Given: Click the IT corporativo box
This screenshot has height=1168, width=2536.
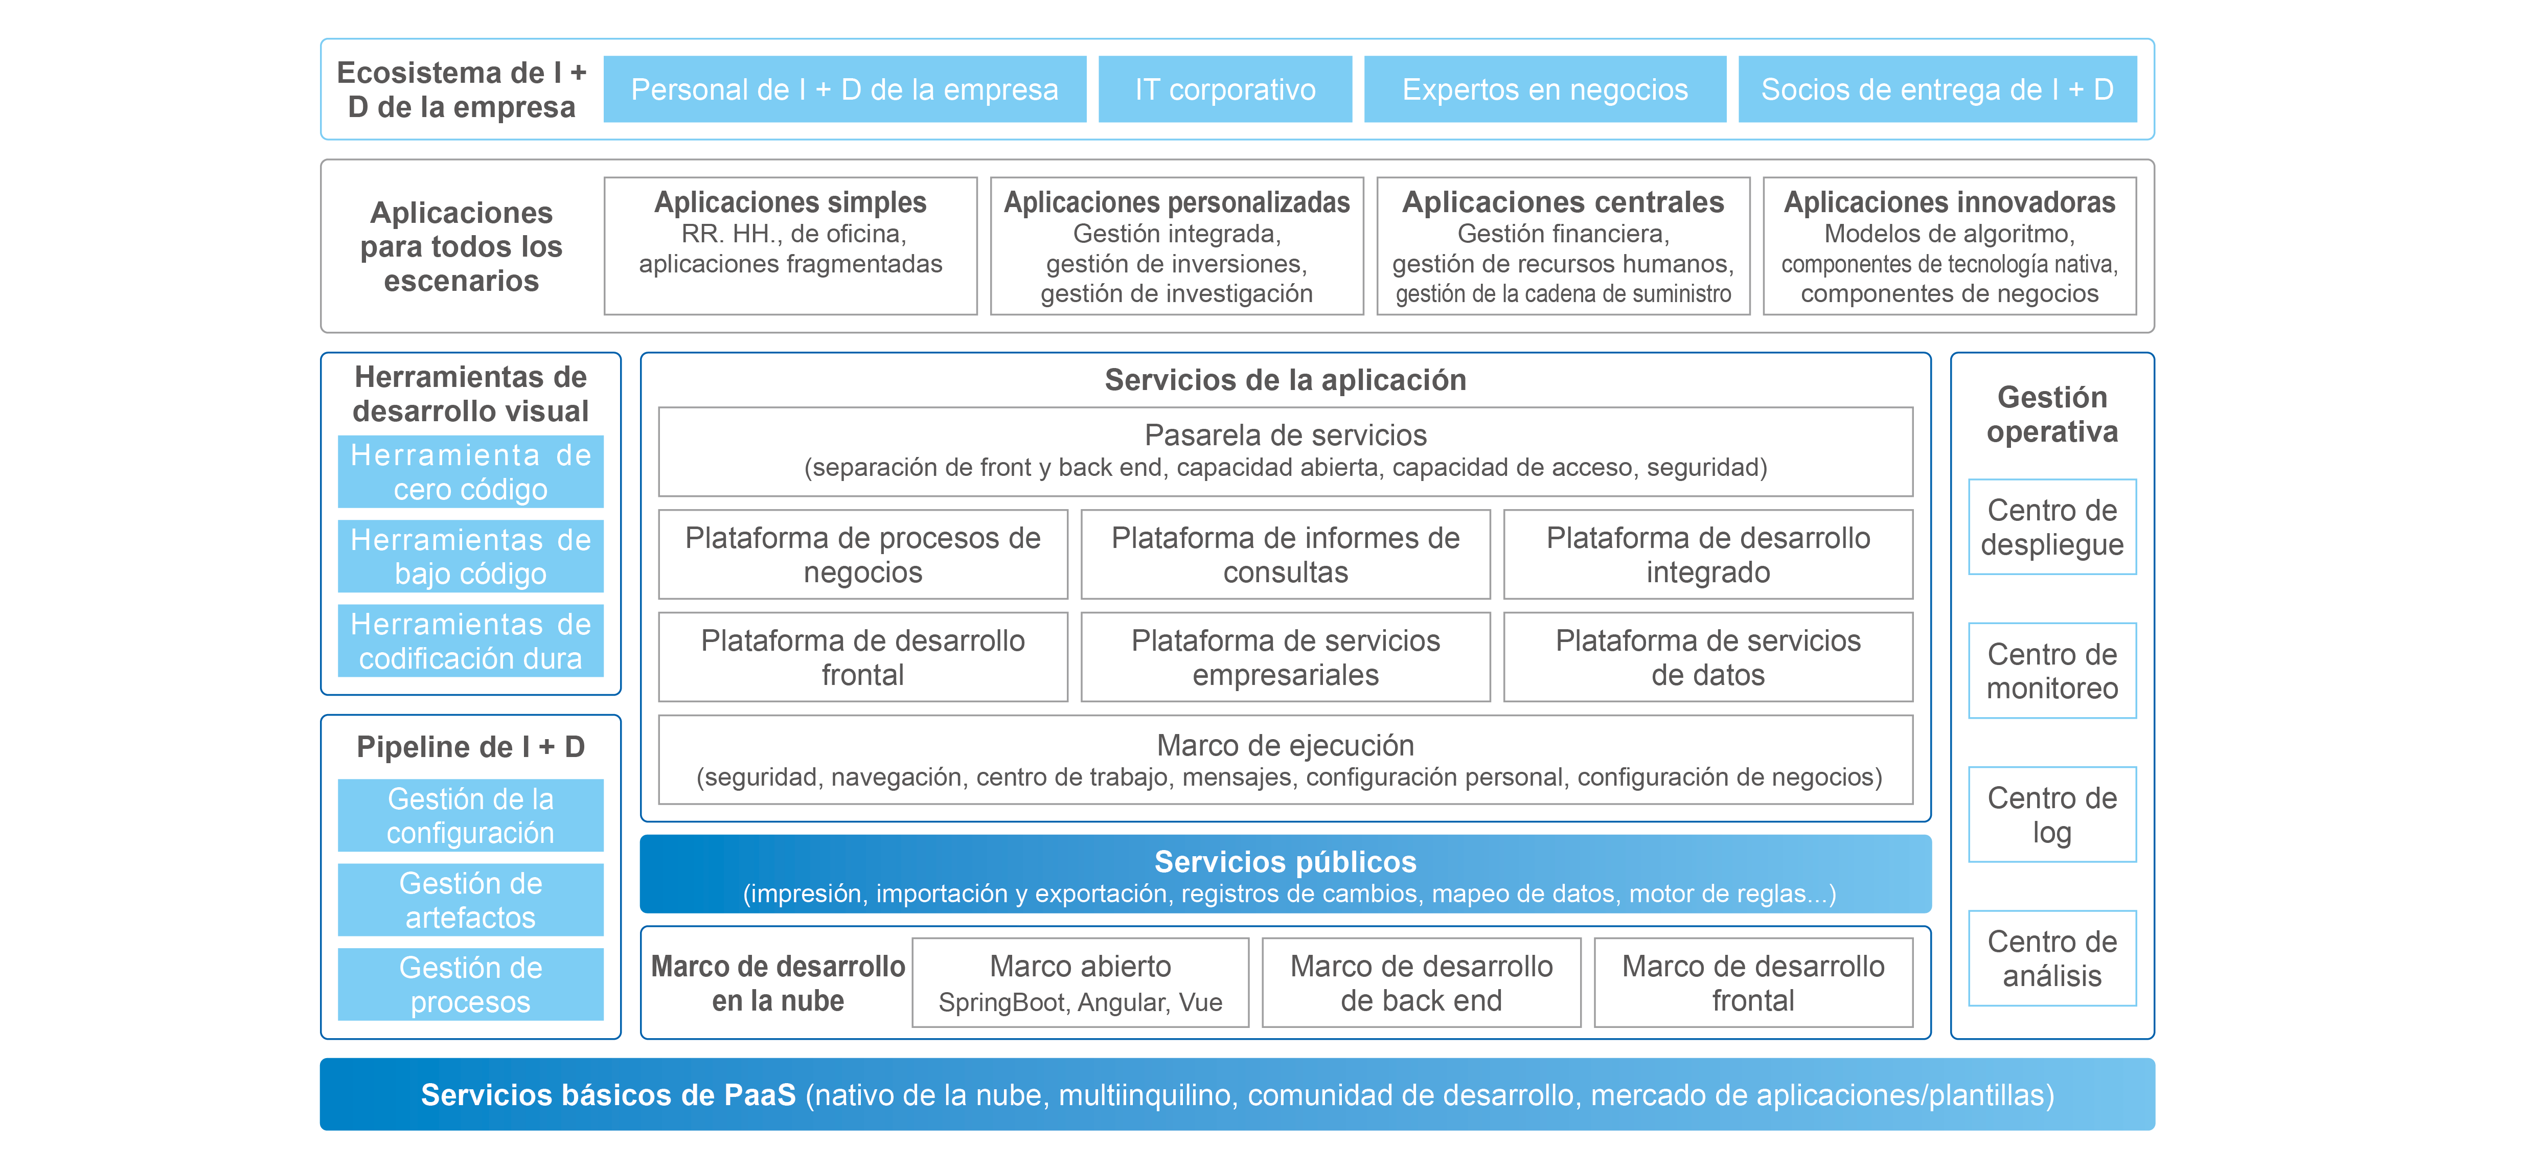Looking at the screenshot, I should click(1225, 89).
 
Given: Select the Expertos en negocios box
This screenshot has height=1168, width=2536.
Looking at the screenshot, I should click(1545, 89).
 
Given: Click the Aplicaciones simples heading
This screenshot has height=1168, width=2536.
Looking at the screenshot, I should click(790, 202).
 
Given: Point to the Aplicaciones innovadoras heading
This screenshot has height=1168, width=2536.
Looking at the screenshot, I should click(1949, 202).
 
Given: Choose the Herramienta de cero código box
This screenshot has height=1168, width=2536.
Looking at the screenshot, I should click(471, 472).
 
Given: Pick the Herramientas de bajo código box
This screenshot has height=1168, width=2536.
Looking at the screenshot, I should click(471, 557).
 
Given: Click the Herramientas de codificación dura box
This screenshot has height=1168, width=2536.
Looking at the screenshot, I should click(471, 641).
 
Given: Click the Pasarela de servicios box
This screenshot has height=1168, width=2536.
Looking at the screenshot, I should click(1285, 451).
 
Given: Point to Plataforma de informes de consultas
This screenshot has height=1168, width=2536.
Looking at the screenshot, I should click(1285, 555).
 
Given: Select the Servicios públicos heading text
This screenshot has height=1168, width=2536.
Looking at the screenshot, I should click(1285, 862).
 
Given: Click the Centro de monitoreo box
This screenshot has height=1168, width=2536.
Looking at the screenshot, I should click(2051, 671).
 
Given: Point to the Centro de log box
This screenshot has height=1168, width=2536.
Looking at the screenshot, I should click(2051, 814).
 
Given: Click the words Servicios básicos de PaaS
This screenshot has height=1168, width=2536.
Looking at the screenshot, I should click(607, 1095).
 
